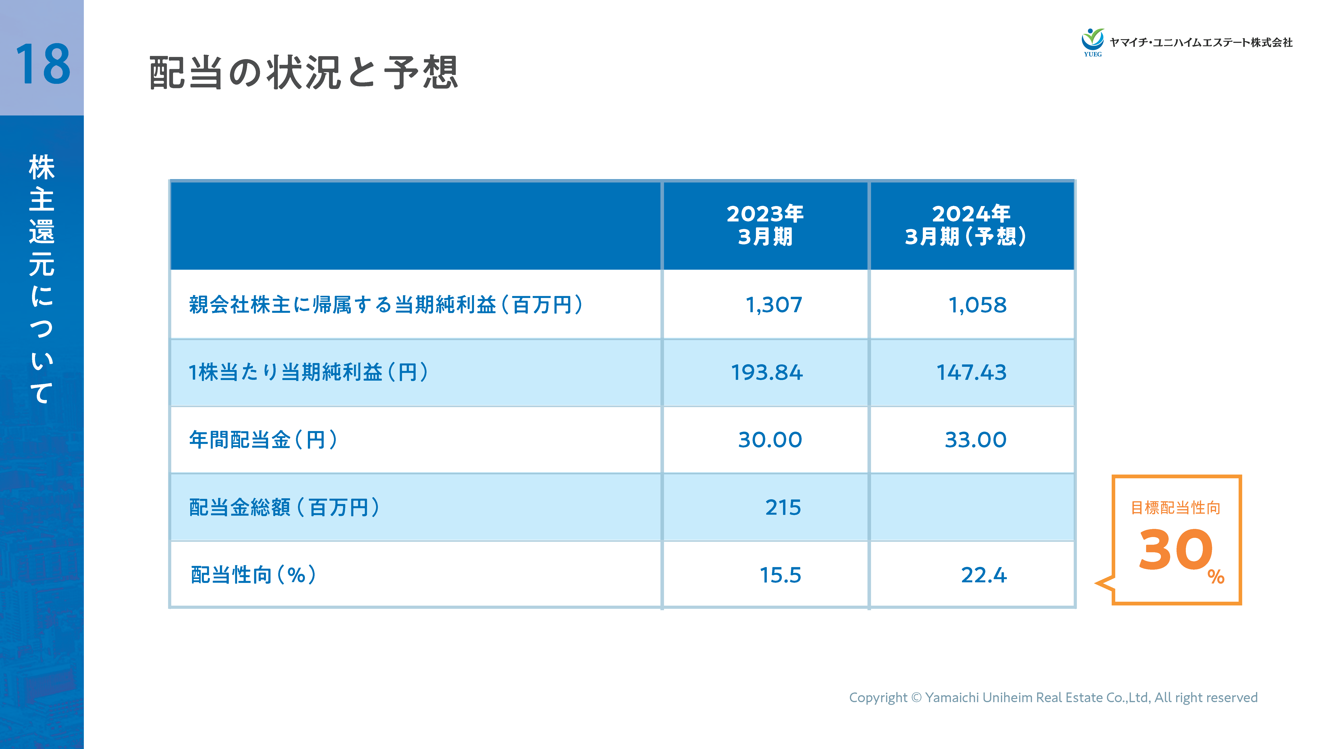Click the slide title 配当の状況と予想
(303, 73)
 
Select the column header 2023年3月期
(765, 225)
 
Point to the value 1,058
(977, 305)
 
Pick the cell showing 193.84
(767, 372)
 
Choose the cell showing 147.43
(971, 372)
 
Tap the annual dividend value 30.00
(770, 440)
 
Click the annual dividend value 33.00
(975, 440)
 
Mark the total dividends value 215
(783, 507)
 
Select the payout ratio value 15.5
(780, 575)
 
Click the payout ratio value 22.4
(984, 575)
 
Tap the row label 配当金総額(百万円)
(285, 507)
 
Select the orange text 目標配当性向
(1175, 508)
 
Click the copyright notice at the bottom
(1053, 697)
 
